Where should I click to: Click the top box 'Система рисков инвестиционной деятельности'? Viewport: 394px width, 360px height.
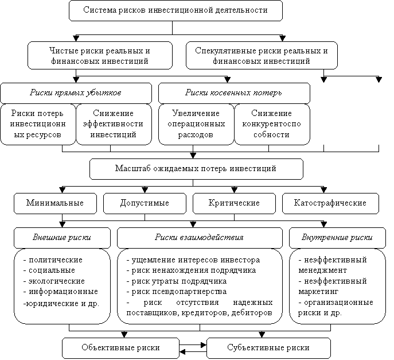(175, 10)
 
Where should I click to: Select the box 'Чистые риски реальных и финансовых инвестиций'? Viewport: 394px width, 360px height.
(100, 56)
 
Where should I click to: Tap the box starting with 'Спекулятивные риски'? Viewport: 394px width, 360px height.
(262, 56)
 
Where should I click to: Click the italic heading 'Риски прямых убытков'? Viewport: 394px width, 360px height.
(76, 93)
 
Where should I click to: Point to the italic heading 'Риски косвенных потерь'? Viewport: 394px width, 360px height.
(233, 93)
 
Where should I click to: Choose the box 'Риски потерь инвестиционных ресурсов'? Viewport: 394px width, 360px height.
(38, 124)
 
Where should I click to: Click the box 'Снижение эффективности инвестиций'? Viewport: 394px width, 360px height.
(114, 124)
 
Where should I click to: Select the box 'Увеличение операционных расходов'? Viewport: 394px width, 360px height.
(196, 124)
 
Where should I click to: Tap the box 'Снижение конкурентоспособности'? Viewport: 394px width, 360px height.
(272, 124)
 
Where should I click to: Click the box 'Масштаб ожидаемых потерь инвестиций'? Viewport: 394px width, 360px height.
(196, 169)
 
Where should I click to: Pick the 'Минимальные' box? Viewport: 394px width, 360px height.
(55, 203)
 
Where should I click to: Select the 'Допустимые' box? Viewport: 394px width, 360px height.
(145, 203)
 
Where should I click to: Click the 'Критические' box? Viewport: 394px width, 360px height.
(234, 203)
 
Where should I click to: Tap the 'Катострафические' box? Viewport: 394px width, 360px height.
(330, 203)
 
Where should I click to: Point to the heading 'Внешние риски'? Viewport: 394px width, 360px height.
(62, 238)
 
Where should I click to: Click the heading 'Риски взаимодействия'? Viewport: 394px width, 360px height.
(199, 238)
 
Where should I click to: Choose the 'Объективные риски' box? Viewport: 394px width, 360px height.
(120, 348)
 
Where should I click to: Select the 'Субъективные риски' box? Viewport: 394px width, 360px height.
(268, 348)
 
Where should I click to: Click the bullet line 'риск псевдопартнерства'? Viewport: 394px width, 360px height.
(177, 292)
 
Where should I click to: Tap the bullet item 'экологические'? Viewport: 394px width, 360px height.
(54, 281)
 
